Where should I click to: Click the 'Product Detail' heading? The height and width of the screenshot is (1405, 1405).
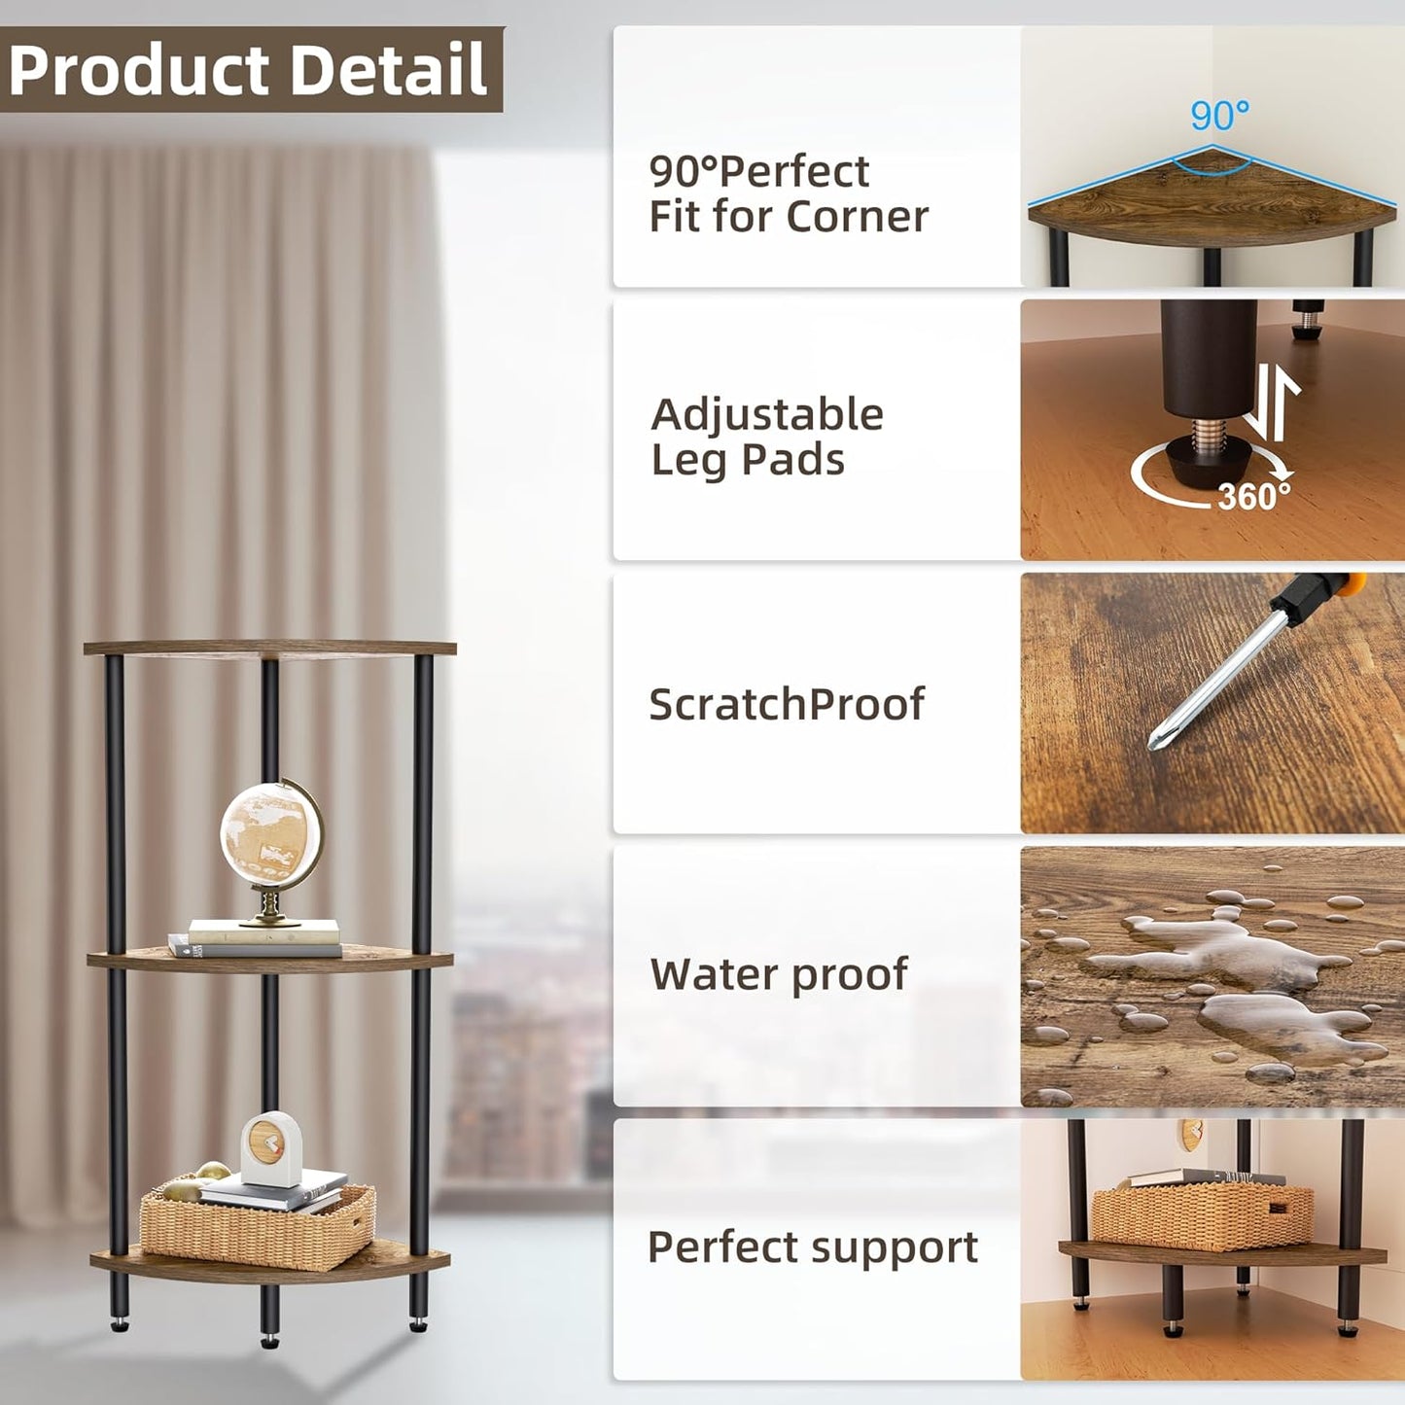(x=248, y=70)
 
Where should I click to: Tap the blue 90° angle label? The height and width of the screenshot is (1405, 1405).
(x=1219, y=116)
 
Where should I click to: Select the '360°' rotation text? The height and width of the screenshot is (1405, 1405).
(x=1254, y=497)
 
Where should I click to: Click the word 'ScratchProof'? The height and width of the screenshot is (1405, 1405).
(x=787, y=705)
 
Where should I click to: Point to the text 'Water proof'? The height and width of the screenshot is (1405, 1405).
(x=779, y=974)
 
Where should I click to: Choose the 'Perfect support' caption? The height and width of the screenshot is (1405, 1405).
(x=813, y=1247)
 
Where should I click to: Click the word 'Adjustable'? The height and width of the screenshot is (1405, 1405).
(x=767, y=415)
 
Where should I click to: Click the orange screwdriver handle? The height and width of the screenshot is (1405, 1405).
(x=1348, y=586)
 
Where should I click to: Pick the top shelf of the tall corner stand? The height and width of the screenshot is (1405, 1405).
(x=269, y=649)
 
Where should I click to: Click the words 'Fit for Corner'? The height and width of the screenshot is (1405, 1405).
(x=789, y=217)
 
